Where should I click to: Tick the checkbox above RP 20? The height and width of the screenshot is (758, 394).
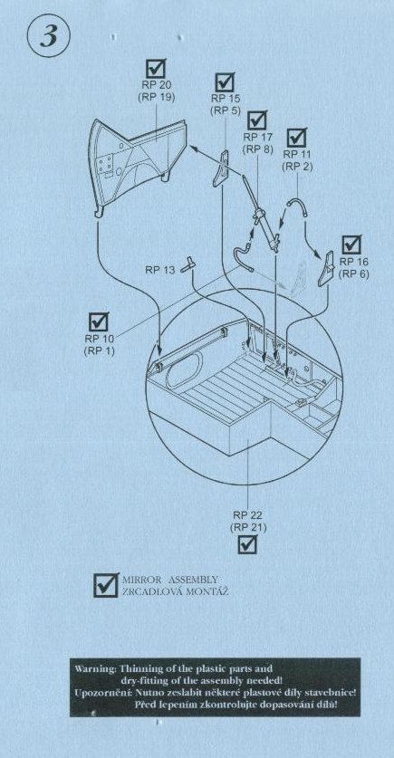pyautogui.click(x=156, y=69)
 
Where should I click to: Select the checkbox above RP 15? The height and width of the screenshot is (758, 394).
pyautogui.click(x=225, y=82)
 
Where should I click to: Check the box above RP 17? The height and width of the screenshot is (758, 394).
pyautogui.click(x=256, y=120)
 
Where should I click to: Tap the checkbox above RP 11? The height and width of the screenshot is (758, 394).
pyautogui.click(x=297, y=137)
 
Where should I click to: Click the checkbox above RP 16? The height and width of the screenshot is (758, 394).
pyautogui.click(x=351, y=245)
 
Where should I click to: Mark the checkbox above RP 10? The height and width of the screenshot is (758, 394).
pyautogui.click(x=99, y=321)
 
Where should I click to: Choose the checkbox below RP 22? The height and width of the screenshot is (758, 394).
pyautogui.click(x=247, y=544)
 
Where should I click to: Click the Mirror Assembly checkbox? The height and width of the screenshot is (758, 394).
pyautogui.click(x=106, y=585)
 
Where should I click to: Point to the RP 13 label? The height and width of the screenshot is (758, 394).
pyautogui.click(x=160, y=270)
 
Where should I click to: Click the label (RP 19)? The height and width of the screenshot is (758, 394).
pyautogui.click(x=156, y=97)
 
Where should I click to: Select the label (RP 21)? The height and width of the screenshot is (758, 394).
pyautogui.click(x=248, y=527)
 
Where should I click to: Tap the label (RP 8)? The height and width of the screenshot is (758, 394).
pyautogui.click(x=259, y=149)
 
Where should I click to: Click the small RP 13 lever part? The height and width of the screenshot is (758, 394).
pyautogui.click(x=188, y=265)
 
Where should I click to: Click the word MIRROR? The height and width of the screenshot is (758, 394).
pyautogui.click(x=139, y=580)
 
